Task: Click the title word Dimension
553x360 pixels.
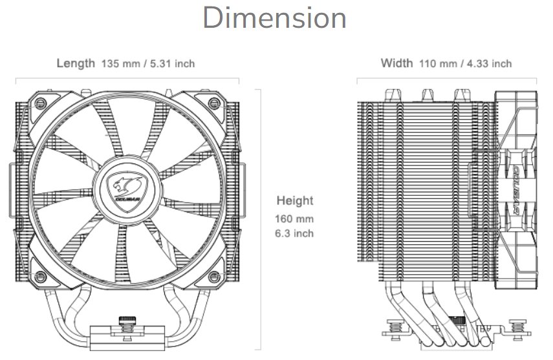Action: (275, 18)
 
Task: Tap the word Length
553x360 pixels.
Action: (76, 63)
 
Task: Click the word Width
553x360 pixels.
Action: (396, 63)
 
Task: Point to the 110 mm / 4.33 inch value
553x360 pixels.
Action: (465, 64)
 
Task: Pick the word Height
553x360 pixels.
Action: (295, 200)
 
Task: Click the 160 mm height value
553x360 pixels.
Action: (295, 219)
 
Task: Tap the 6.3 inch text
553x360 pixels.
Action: (295, 233)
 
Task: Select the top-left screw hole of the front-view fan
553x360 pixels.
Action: (41, 102)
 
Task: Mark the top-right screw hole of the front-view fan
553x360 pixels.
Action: (213, 102)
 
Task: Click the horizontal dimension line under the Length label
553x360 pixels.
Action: (127, 79)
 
